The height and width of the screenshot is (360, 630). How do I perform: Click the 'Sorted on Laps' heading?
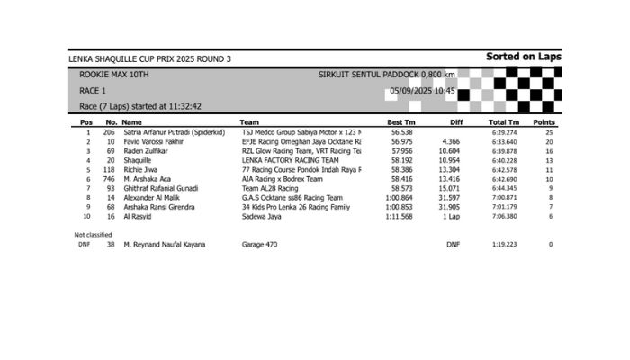[x=523, y=57]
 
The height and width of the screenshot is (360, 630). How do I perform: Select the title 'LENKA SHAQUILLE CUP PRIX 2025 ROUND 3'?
[x=149, y=59]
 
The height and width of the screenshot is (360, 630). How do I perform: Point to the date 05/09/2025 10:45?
[x=418, y=91]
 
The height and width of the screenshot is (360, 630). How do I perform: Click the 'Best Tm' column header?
[x=400, y=122]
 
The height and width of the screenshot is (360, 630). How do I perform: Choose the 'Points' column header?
[x=544, y=122]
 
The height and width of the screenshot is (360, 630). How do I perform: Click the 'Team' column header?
[x=249, y=122]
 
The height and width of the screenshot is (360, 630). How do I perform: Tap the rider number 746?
[x=109, y=179]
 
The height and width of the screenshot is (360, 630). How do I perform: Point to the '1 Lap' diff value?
[x=452, y=217]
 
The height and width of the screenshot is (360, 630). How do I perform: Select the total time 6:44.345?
[x=504, y=188]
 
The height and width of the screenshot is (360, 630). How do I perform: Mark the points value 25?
[x=549, y=132]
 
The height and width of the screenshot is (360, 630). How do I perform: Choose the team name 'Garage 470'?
[x=261, y=245]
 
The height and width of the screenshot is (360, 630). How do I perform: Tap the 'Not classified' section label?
[x=93, y=234]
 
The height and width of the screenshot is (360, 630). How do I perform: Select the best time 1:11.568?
[x=399, y=217]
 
